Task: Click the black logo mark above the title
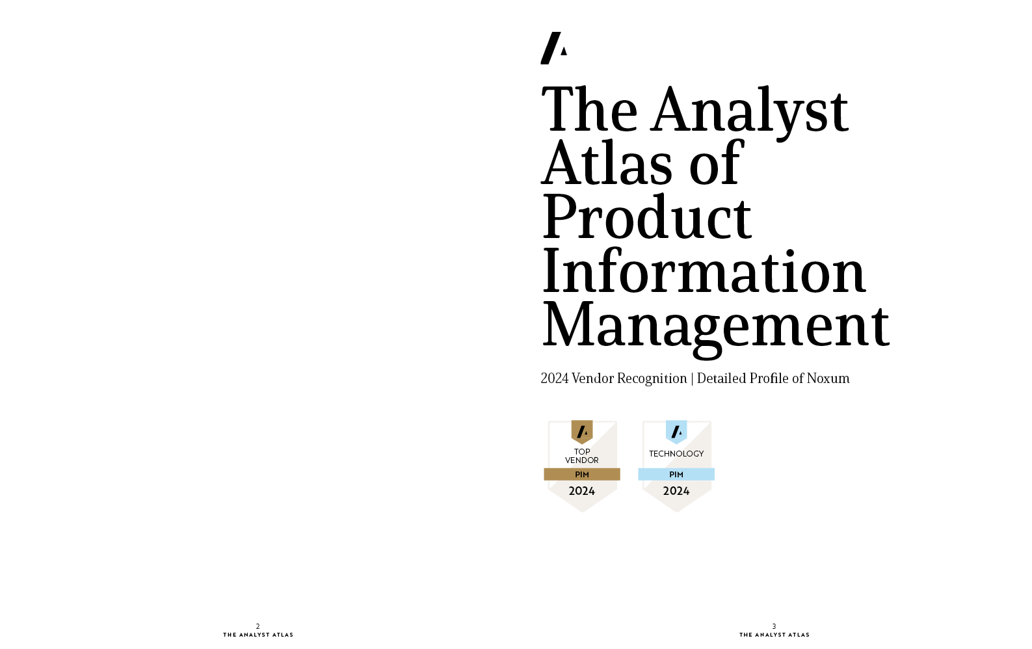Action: pos(554,48)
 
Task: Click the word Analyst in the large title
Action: pos(749,111)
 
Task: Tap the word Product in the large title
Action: pos(647,217)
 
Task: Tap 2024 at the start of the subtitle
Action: pos(554,378)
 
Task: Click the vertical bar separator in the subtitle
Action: pos(692,379)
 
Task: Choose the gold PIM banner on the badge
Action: pos(582,475)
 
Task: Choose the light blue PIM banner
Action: pos(676,475)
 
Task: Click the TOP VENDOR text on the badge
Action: pos(582,456)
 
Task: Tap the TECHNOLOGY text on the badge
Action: pos(676,454)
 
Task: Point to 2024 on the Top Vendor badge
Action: pos(582,491)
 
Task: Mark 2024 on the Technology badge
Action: pos(676,491)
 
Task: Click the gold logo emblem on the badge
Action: pos(582,432)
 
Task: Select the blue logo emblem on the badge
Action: pos(676,432)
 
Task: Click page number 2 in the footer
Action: pos(258,626)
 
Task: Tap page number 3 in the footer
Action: pos(774,626)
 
